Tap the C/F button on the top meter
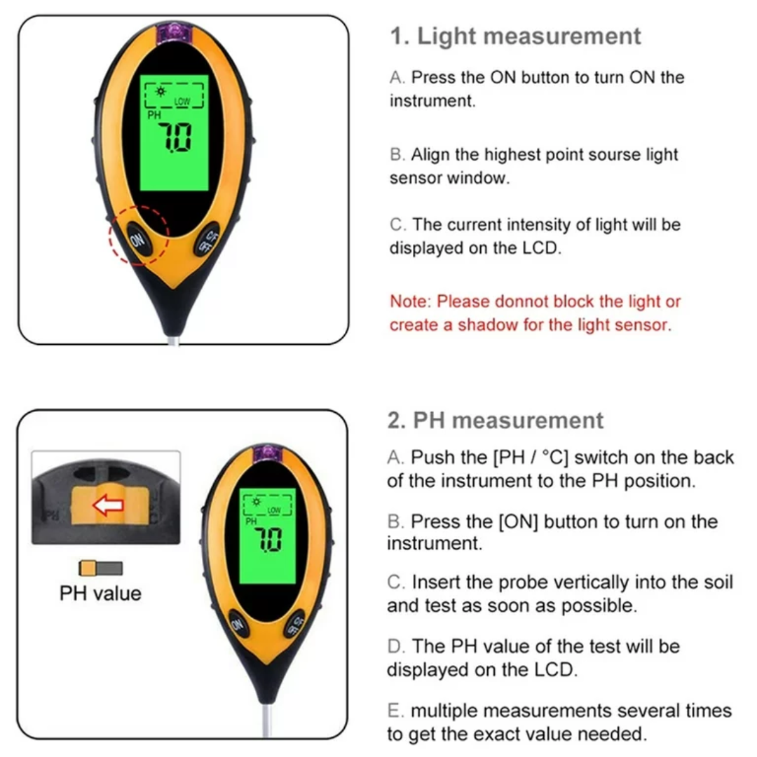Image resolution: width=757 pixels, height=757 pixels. pyautogui.click(x=208, y=239)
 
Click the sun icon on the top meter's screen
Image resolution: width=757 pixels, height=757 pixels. pyautogui.click(x=161, y=92)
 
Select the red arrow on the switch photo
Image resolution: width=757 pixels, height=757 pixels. pyautogui.click(x=108, y=505)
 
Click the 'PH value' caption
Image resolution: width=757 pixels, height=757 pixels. pyautogui.click(x=100, y=594)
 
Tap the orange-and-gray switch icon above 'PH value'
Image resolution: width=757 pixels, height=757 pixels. pyautogui.click(x=101, y=568)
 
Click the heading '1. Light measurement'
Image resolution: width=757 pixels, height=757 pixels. pyautogui.click(x=516, y=36)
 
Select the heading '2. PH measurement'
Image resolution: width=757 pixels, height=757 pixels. pyautogui.click(x=496, y=421)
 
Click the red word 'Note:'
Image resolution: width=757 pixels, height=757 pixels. pyautogui.click(x=410, y=301)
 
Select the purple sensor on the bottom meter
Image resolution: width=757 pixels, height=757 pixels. pyautogui.click(x=268, y=453)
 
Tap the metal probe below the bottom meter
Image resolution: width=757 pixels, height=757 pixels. pyautogui.click(x=268, y=721)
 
